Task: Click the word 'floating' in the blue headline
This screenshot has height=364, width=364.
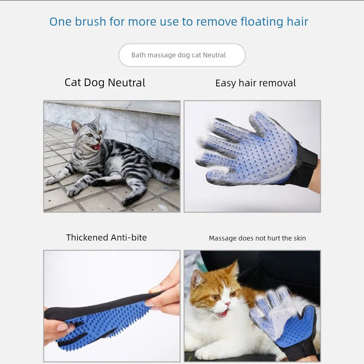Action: [x=262, y=22]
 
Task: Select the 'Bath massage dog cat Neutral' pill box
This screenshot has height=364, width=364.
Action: [x=182, y=55]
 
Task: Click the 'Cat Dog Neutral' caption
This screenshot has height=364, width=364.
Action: [x=105, y=83]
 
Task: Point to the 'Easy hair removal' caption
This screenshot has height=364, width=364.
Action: [x=255, y=83]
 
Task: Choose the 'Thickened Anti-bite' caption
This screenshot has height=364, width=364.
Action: [x=107, y=237]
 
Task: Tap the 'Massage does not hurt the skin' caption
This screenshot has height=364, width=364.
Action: [x=257, y=238]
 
